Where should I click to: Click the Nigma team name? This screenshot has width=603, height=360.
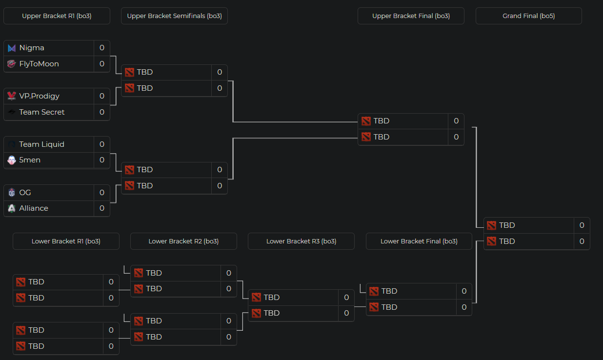[x=32, y=48]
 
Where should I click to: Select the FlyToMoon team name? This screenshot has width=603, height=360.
[x=39, y=64]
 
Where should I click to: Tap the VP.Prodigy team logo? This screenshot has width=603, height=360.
[x=12, y=96]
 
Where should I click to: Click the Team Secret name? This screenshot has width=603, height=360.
[x=42, y=112]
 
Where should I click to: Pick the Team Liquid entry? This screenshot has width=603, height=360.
[x=41, y=144]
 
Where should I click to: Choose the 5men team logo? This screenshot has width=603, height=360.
[x=12, y=160]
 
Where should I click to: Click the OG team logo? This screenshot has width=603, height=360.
[x=12, y=193]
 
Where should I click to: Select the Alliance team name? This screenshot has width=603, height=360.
[x=34, y=208]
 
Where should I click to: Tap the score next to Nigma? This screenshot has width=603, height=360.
[x=102, y=48]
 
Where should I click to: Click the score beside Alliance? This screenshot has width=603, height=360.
[x=102, y=208]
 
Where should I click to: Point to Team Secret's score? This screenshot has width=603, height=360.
[x=102, y=112]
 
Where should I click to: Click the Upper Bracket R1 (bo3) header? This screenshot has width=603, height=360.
[x=57, y=16]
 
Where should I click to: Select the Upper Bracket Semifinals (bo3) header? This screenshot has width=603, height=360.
[x=174, y=16]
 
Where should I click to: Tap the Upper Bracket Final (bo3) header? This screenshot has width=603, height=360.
[x=411, y=16]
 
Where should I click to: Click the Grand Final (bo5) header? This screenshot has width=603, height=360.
[x=528, y=16]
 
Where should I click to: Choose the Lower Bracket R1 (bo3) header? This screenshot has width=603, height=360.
[x=66, y=241]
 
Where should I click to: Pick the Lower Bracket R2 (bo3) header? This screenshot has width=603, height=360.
[x=183, y=241]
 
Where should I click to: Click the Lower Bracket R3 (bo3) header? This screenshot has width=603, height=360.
[x=301, y=241]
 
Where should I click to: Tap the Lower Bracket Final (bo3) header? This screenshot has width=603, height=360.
[x=419, y=241]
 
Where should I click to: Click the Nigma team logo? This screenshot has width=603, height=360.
[x=12, y=48]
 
